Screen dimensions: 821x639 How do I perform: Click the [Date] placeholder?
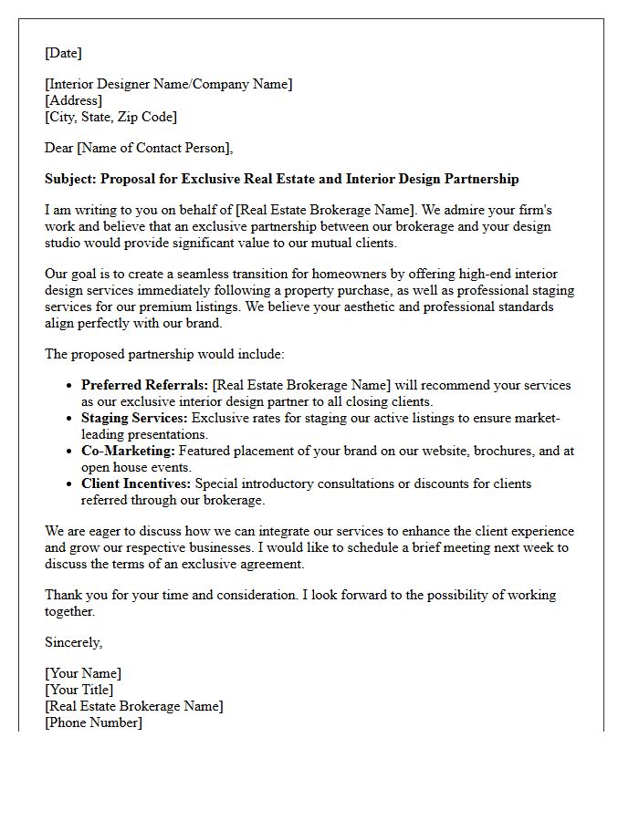click(63, 53)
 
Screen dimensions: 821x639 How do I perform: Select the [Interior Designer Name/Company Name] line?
click(169, 84)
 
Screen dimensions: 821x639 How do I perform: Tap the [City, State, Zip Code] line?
click(110, 117)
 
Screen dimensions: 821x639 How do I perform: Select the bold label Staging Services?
click(134, 418)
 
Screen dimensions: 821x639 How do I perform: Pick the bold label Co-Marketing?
click(128, 451)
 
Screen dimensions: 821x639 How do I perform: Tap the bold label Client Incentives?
click(136, 483)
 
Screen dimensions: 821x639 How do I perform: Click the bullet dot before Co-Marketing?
click(69, 452)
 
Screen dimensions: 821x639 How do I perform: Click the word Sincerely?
click(73, 642)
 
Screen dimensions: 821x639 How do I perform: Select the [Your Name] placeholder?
click(83, 673)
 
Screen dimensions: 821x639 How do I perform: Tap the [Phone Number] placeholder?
click(93, 722)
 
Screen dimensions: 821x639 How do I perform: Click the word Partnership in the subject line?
click(482, 179)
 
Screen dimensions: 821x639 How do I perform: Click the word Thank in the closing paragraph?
click(64, 595)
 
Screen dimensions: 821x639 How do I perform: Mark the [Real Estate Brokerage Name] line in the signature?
click(133, 706)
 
